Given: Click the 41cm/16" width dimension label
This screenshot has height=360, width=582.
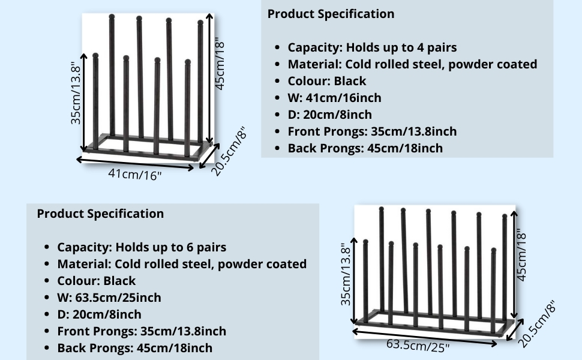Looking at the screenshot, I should click(x=135, y=175).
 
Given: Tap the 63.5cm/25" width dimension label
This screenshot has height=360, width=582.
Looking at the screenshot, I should click(x=418, y=346).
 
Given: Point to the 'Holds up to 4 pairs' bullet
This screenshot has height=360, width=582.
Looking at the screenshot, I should click(x=372, y=47).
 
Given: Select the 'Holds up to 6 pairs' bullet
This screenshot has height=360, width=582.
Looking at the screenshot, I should click(x=142, y=247).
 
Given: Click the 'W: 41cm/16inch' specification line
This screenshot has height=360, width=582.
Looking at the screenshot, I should click(x=334, y=98).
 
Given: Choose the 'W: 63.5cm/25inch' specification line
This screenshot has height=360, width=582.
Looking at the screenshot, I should click(x=109, y=298).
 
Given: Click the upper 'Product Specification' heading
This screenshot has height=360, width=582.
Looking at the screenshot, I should click(x=331, y=14).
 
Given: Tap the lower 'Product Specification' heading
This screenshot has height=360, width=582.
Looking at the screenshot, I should click(x=100, y=214).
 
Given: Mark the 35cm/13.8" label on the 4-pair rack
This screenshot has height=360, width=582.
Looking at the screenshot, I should click(x=76, y=93).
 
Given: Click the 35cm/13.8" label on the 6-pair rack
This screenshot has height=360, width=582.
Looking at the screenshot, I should click(x=346, y=274).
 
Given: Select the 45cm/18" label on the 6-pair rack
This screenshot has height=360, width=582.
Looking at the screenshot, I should click(x=522, y=256).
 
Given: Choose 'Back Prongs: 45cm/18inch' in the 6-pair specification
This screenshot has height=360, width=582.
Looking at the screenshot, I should click(x=134, y=348).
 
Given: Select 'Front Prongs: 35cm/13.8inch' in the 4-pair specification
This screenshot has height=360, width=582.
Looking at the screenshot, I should click(x=372, y=131).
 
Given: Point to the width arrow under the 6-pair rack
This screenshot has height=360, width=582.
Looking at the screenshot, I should click(x=424, y=337).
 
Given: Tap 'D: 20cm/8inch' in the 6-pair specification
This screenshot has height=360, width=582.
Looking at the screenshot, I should click(x=99, y=314).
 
